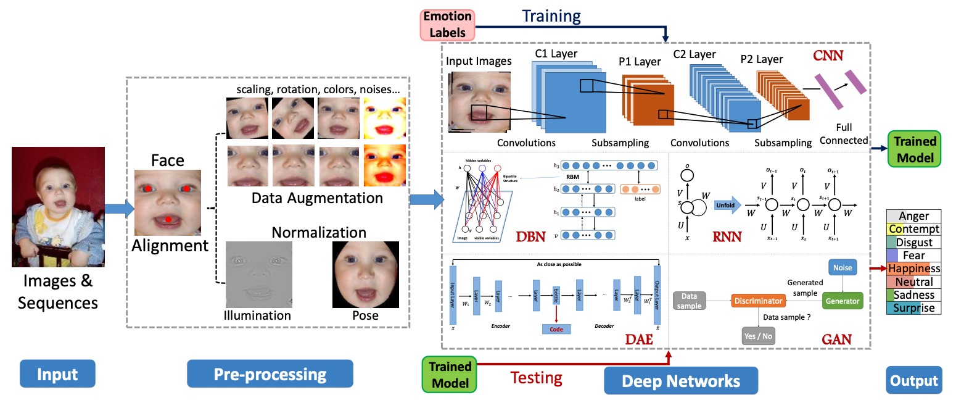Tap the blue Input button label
click(x=57, y=374)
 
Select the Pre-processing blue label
click(x=270, y=374)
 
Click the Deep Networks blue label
click(x=680, y=380)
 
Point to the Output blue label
click(x=913, y=380)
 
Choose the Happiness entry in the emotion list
click(x=913, y=269)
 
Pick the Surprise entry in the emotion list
click(x=913, y=308)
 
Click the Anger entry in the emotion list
click(x=913, y=216)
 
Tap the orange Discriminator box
click(x=758, y=301)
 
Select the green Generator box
click(x=842, y=301)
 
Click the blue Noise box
click(x=842, y=268)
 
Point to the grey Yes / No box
click(x=758, y=336)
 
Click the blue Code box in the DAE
click(x=556, y=329)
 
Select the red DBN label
click(x=530, y=236)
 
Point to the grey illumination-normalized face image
click(x=257, y=273)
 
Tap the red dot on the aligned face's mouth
click(x=168, y=220)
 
